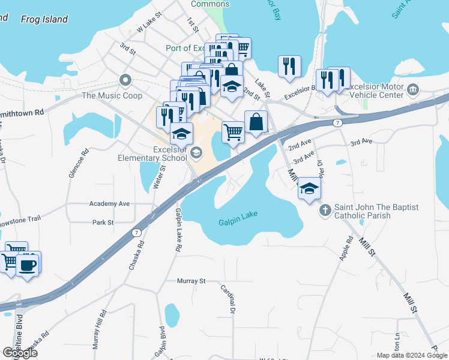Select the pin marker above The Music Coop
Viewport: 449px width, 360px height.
click(x=125, y=80)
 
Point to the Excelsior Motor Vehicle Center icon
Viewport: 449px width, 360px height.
click(x=412, y=91)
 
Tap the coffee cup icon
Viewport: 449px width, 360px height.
click(x=28, y=264)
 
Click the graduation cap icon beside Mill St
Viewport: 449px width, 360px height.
click(x=309, y=188)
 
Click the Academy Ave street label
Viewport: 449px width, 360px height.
click(x=109, y=204)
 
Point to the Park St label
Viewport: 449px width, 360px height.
click(x=103, y=223)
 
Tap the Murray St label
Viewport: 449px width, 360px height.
click(x=191, y=281)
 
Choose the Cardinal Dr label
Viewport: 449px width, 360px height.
click(x=231, y=298)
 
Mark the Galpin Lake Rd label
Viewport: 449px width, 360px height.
click(x=178, y=230)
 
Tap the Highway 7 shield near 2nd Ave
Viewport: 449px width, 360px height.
click(x=337, y=123)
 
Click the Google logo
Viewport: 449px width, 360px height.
click(x=20, y=353)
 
